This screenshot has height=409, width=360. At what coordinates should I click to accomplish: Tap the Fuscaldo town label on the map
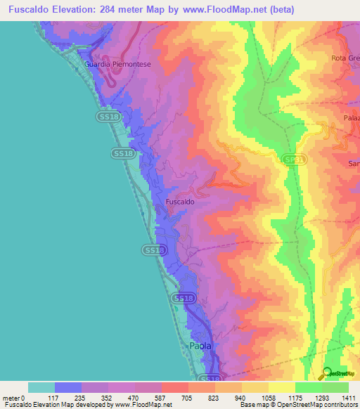coord(179,202)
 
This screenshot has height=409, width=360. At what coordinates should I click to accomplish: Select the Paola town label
coord(200,346)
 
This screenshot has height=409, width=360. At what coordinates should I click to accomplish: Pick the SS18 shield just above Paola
coord(182,299)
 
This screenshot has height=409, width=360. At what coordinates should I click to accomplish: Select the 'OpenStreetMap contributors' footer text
coord(321,405)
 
